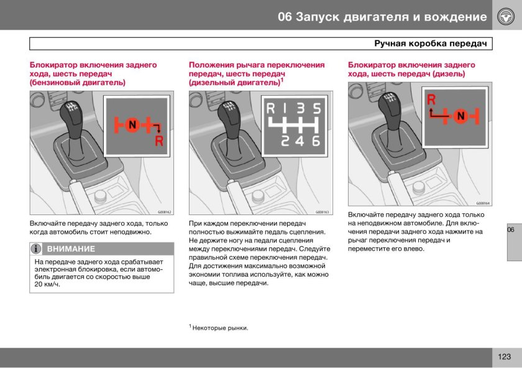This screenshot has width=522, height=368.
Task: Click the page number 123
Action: [504, 357]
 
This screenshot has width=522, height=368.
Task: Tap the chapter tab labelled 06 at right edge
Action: [511, 230]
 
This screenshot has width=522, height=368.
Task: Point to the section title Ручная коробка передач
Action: [431, 44]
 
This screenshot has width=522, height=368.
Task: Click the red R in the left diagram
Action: [159, 141]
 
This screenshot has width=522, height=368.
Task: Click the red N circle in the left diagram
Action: [132, 126]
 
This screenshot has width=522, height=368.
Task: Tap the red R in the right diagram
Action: [431, 99]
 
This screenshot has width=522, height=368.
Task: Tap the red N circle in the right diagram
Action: [460, 116]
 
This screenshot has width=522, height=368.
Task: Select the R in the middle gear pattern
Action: [271, 109]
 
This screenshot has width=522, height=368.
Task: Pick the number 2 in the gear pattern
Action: [286, 141]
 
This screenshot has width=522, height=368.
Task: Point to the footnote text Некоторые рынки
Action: [220, 328]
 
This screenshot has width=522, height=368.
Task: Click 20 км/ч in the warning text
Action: [47, 284]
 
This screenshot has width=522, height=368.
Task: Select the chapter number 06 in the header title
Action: [285, 16]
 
